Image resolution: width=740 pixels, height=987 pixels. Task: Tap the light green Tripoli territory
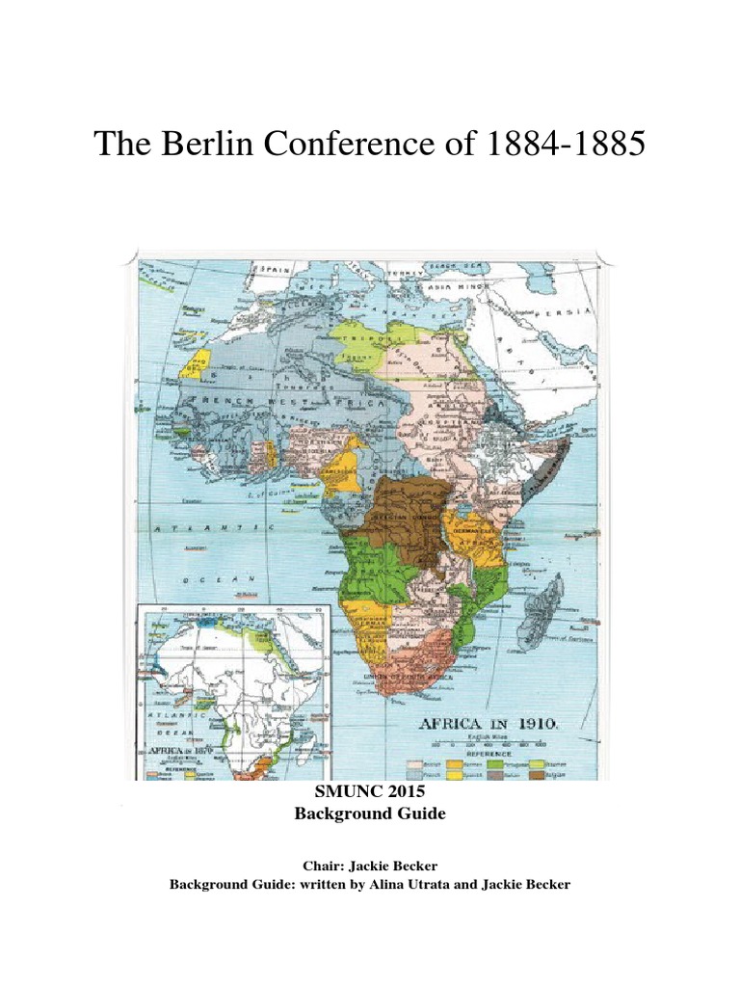366,339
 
